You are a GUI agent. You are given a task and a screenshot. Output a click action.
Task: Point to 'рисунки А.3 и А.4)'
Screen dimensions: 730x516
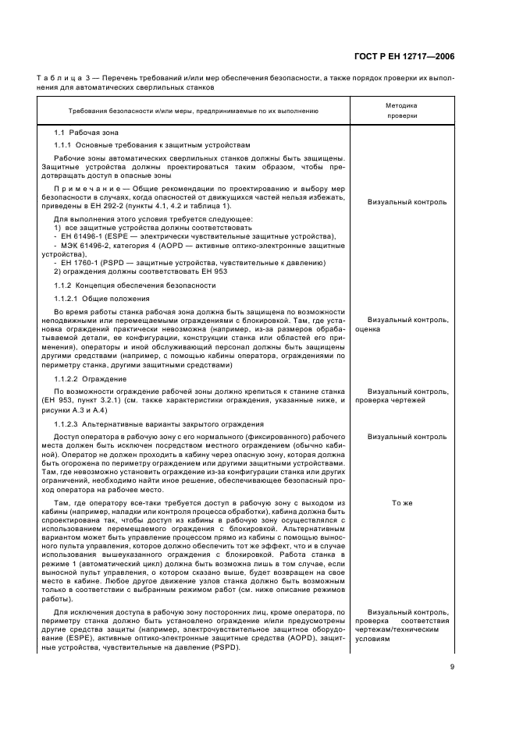pos(76,410)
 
